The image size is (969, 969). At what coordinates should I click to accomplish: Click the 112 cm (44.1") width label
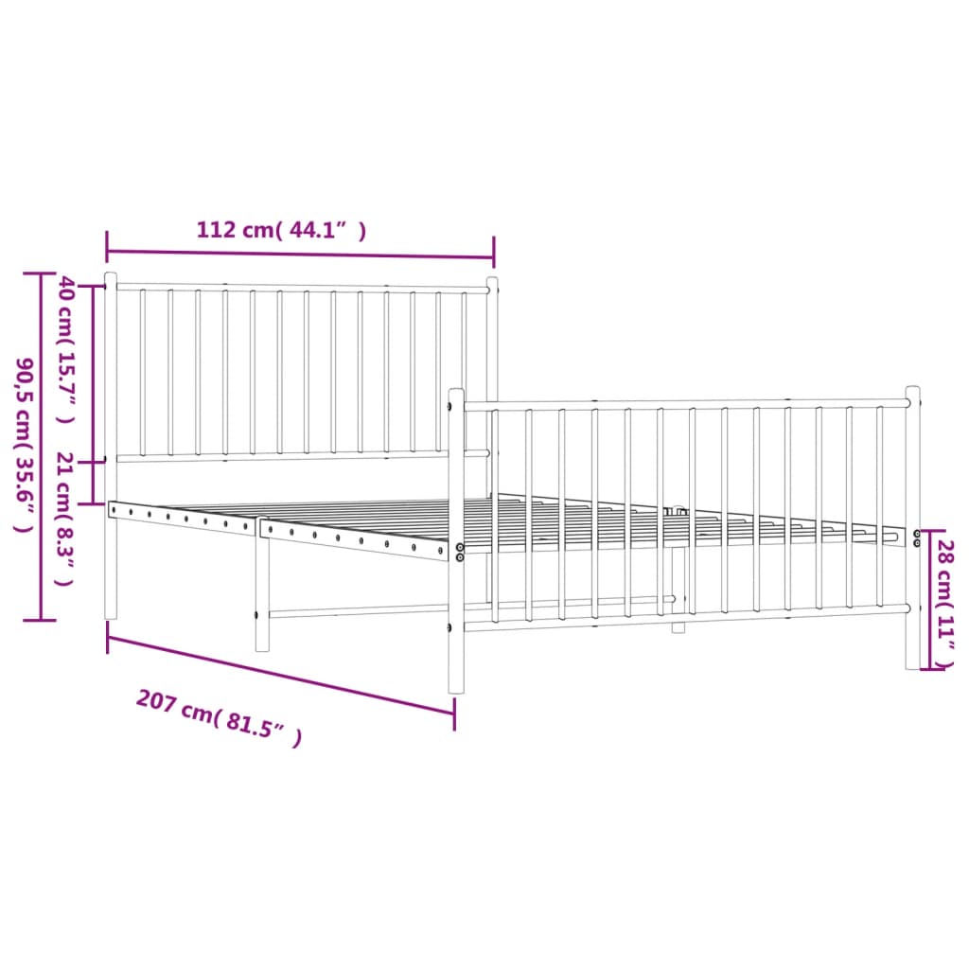(281, 230)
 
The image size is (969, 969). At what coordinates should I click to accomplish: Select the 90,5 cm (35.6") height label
(25, 445)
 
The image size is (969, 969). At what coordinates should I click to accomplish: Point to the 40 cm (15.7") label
(66, 349)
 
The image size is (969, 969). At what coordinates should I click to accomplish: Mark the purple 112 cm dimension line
(299, 255)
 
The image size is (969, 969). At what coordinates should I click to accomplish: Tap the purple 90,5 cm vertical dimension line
(40, 445)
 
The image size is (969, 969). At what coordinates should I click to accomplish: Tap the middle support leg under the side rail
(262, 596)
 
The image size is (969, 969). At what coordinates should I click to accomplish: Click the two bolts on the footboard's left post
(460, 552)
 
